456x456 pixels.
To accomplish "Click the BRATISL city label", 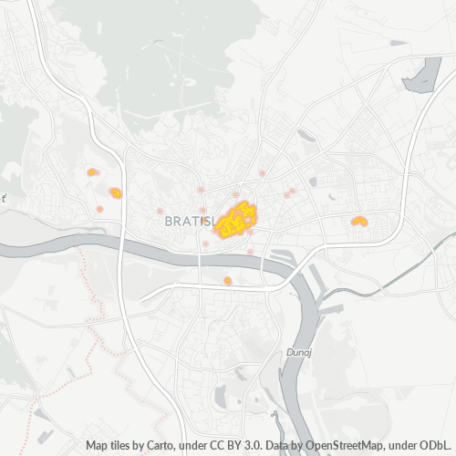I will point(189,221).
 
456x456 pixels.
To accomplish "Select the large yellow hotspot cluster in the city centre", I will point(236,220).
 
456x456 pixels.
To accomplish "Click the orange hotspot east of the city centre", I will point(359,221).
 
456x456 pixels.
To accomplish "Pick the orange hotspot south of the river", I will point(228,280).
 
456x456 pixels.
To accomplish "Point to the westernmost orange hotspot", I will point(91,171).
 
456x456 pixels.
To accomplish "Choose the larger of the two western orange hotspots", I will point(116,192).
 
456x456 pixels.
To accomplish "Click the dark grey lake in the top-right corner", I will point(422,76).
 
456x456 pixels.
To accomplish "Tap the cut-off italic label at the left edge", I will point(3,196).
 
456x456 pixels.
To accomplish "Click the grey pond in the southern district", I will point(219,396).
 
